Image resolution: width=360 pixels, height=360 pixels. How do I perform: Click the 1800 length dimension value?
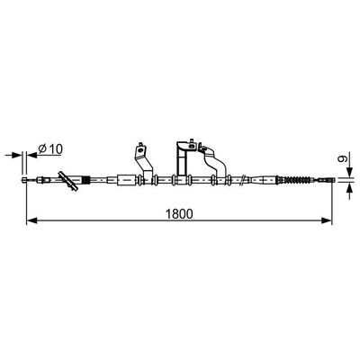[x=179, y=213]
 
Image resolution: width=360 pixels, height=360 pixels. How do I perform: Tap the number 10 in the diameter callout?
[x=56, y=148]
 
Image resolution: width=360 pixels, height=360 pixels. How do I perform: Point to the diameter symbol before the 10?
[x=42, y=149]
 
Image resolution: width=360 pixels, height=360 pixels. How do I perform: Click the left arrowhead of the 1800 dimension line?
[x=31, y=220]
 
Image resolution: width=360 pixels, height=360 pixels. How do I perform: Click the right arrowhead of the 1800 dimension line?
[x=327, y=220]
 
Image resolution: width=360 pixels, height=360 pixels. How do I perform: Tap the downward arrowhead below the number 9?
[x=349, y=172]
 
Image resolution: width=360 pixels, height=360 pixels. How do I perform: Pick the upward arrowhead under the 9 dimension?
[x=349, y=187]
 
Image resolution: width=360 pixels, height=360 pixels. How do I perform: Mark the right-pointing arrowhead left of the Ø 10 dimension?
[x=17, y=155]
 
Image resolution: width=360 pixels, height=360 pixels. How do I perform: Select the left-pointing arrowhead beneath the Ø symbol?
[x=31, y=155]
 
